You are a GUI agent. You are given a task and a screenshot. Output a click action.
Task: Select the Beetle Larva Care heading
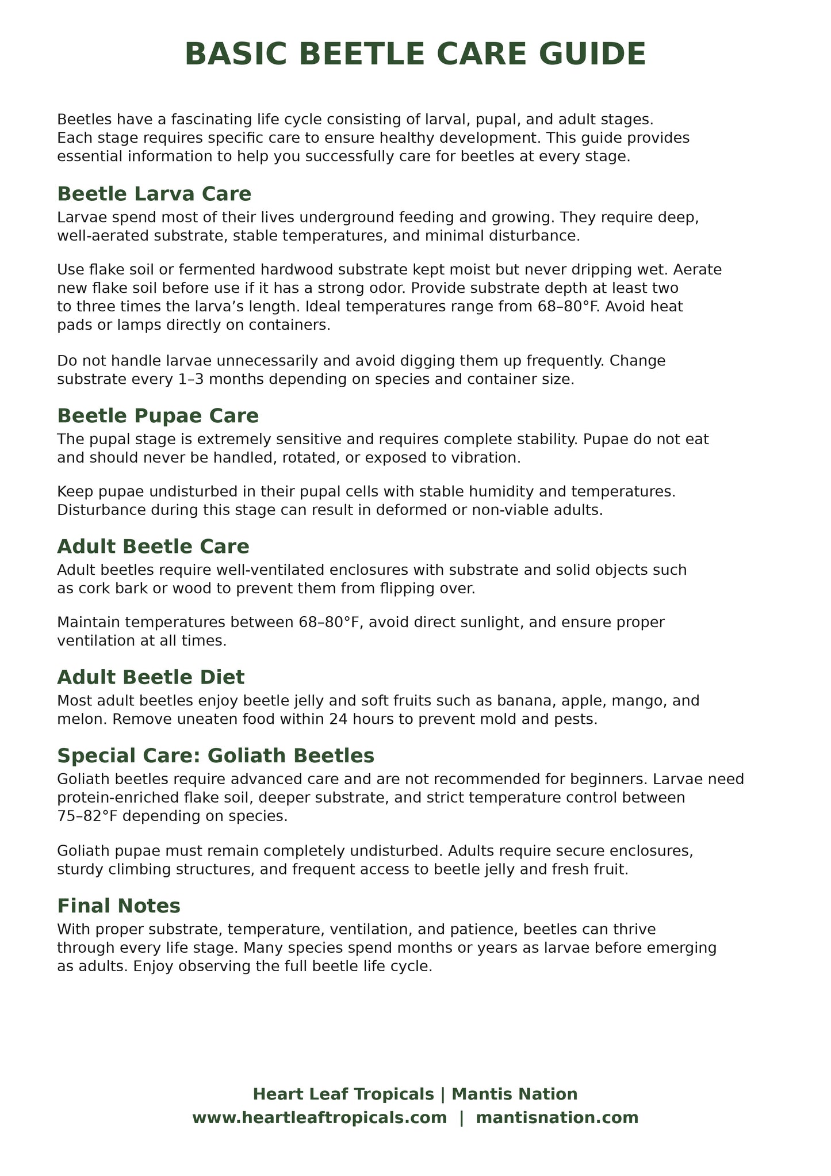(x=154, y=194)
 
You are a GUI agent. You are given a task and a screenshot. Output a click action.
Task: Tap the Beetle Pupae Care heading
(x=158, y=415)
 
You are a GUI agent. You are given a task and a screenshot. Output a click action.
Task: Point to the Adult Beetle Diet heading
(x=151, y=677)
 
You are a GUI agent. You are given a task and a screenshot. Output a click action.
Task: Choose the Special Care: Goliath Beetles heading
(x=216, y=754)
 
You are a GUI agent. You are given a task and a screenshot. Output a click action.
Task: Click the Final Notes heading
(x=118, y=906)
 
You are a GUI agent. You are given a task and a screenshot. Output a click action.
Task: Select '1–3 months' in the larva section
(x=173, y=380)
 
